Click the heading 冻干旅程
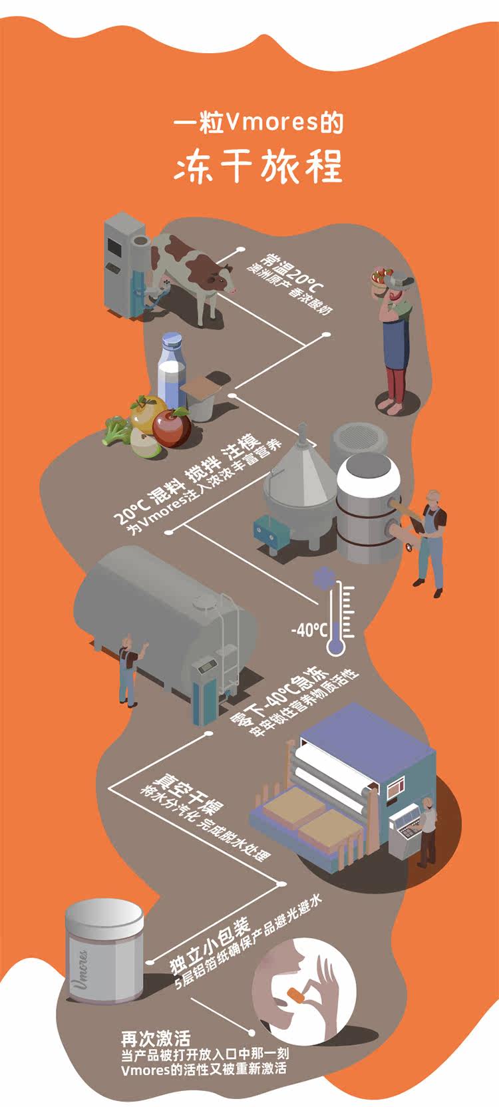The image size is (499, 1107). pyautogui.click(x=258, y=166)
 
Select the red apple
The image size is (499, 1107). pyautogui.click(x=172, y=428)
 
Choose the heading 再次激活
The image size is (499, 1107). pyautogui.click(x=156, y=1038)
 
